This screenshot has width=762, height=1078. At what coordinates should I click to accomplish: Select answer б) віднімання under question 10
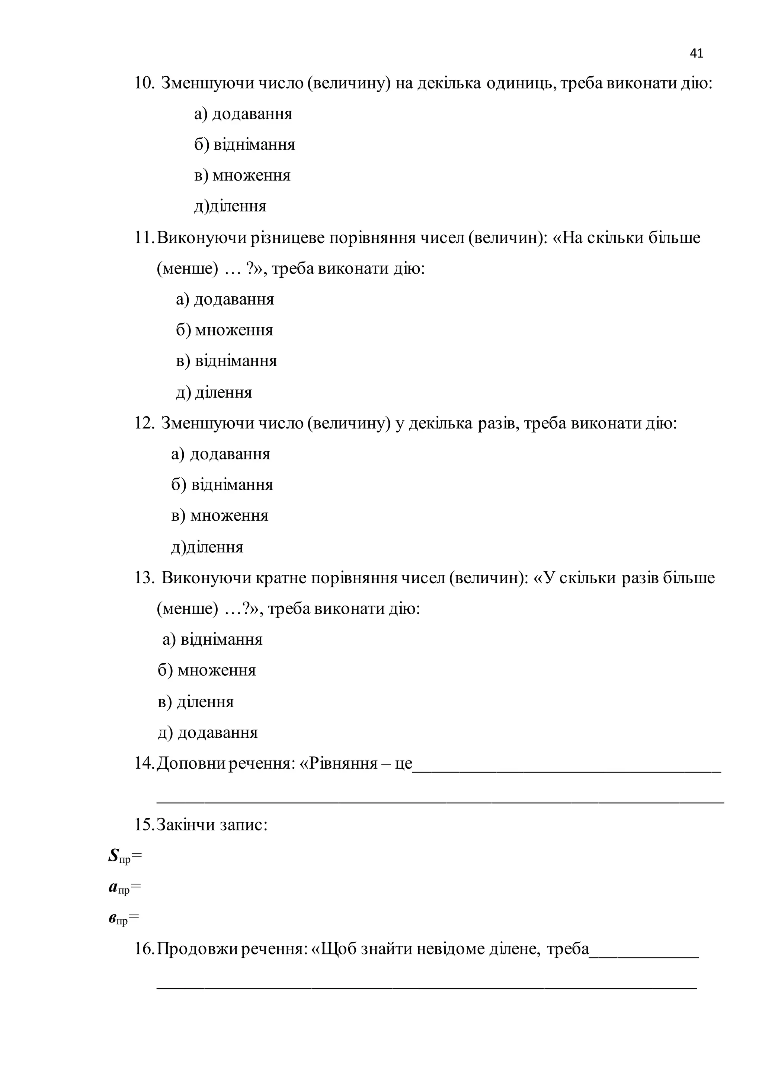tap(244, 144)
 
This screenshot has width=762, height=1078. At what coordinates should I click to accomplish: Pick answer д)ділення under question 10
tap(230, 206)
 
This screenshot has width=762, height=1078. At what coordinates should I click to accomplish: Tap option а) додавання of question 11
tap(225, 299)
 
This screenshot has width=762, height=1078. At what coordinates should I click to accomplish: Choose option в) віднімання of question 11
tap(226, 361)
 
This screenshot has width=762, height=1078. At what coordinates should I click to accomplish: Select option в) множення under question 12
tap(220, 516)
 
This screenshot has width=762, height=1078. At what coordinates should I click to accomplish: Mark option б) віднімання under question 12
tap(222, 485)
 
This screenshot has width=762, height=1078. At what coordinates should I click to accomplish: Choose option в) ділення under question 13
tap(196, 701)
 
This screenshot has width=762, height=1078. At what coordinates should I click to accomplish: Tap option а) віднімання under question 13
tap(212, 640)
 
